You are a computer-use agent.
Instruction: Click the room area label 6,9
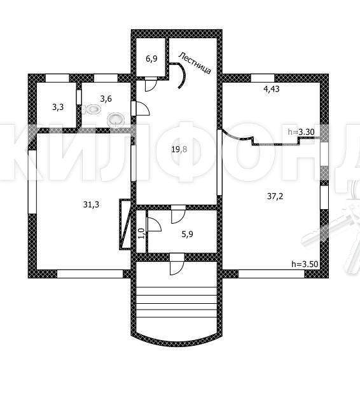pos(151,59)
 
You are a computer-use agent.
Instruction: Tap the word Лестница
pos(195,63)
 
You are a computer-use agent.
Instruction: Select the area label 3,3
pos(58,107)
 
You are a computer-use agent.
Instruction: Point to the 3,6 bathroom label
pos(106,99)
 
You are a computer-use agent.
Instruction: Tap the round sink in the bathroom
pos(116,119)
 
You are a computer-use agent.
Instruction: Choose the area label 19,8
pos(179,149)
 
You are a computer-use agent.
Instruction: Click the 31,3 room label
pos(91,204)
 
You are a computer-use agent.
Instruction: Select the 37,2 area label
pos(275,196)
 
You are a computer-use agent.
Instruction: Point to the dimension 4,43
pos(272,89)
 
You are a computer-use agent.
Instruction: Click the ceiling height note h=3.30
pos(301,132)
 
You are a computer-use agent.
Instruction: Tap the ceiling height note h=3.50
pos(305,264)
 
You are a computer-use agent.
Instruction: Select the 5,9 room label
pos(187,234)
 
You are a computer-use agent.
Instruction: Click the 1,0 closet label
pos(141,233)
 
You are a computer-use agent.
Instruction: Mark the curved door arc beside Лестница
pos(183,75)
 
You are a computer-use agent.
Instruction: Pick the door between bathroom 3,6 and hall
pos(141,108)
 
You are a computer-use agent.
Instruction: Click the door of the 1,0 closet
pos(154,224)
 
